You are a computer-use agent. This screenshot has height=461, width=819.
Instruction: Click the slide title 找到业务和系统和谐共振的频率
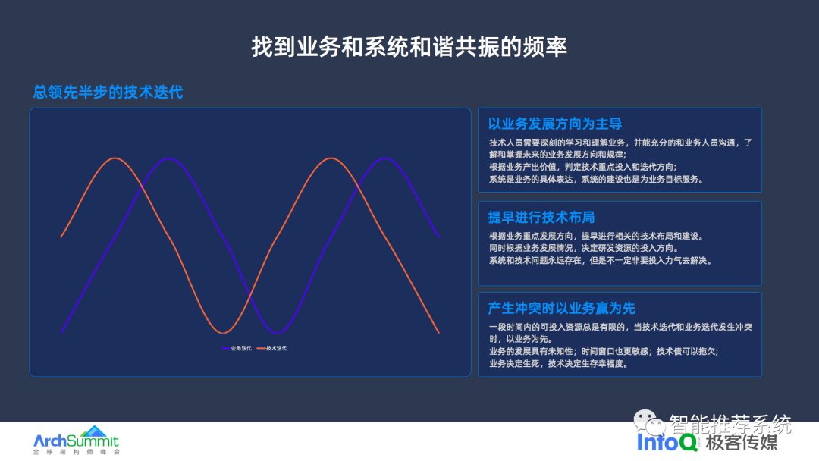click(x=409, y=47)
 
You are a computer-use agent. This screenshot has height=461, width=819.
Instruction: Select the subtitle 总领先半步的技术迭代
click(x=108, y=93)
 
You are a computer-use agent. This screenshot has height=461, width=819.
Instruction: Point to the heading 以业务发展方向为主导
click(x=554, y=124)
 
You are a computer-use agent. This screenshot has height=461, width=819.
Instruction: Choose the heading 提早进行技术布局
click(x=541, y=217)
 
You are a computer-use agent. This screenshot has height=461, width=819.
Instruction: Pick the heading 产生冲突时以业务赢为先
click(x=561, y=309)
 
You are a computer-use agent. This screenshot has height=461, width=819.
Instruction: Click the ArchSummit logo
click(x=77, y=440)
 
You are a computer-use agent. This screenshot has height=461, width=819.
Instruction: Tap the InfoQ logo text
click(x=667, y=442)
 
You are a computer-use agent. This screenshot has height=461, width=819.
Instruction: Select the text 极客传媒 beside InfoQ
click(x=742, y=442)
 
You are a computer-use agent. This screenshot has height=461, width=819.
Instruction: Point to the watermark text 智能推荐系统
click(x=730, y=423)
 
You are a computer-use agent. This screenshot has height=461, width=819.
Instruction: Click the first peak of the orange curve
click(x=115, y=158)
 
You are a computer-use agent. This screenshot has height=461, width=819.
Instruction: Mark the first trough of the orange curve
click(x=223, y=333)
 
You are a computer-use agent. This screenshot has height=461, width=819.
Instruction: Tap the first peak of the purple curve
click(x=168, y=158)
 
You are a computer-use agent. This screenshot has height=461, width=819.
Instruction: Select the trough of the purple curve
click(x=277, y=333)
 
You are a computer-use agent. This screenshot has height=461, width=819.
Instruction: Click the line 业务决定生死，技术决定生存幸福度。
click(x=559, y=363)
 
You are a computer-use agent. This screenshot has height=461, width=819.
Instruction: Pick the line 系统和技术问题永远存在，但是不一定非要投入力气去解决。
click(x=601, y=260)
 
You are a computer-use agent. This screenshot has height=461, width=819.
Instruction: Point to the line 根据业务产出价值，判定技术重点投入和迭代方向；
click(x=583, y=167)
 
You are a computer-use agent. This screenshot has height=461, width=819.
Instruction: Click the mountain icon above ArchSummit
click(x=94, y=431)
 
